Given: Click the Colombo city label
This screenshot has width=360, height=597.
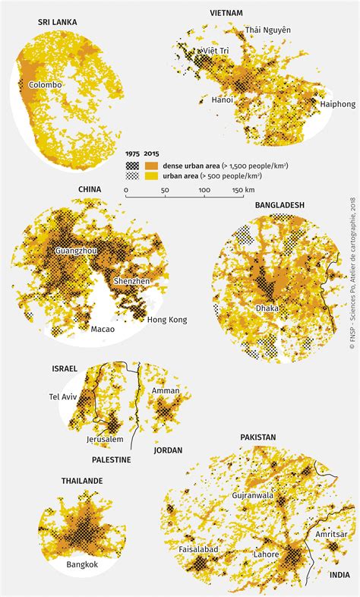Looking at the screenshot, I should click(45, 85).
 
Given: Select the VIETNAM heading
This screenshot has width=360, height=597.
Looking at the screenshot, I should click(226, 14).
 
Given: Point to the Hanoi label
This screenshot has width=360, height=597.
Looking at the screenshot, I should click(222, 99).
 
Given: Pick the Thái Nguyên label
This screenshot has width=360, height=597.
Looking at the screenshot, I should click(267, 30).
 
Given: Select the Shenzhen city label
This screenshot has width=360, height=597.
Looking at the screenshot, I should click(132, 281).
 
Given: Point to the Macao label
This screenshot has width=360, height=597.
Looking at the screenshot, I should click(103, 330).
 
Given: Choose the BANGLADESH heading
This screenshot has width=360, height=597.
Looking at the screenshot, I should click(279, 205).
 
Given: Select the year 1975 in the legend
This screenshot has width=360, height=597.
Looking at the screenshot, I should click(133, 153).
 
